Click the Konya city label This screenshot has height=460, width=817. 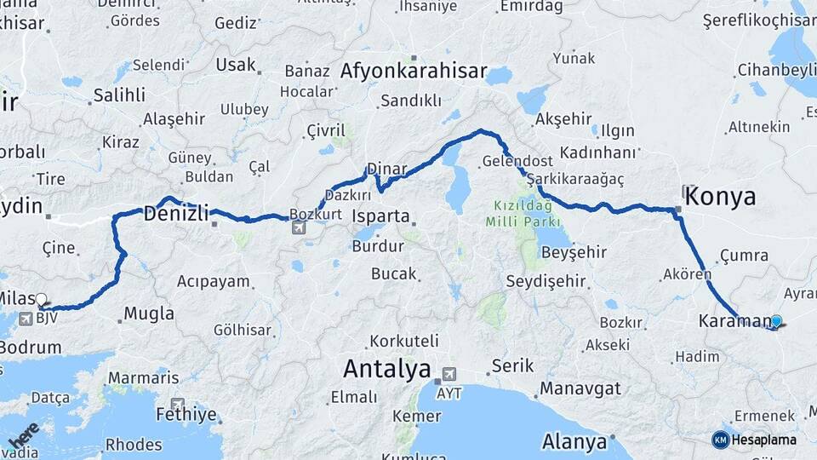[x=720, y=197]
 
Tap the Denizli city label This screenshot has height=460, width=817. [x=176, y=214]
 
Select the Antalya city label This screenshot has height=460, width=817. [x=387, y=370]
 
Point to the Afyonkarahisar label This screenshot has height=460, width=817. [x=414, y=72]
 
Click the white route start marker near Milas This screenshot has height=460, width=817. [x=41, y=299]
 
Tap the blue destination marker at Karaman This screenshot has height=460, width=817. [x=775, y=321]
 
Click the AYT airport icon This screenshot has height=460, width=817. [x=448, y=374]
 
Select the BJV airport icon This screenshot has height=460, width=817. [x=24, y=319]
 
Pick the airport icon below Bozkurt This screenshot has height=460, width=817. [x=299, y=227]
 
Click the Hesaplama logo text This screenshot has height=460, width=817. [x=763, y=440]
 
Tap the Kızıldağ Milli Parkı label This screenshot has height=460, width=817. [x=519, y=214]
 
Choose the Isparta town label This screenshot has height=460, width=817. [x=381, y=216]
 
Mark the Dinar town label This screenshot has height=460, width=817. [x=387, y=168]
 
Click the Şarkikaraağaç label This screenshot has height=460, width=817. [x=576, y=180]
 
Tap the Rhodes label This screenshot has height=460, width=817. [x=134, y=444]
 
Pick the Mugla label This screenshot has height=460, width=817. [x=149, y=313]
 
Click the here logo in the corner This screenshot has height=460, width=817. [x=23, y=434]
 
